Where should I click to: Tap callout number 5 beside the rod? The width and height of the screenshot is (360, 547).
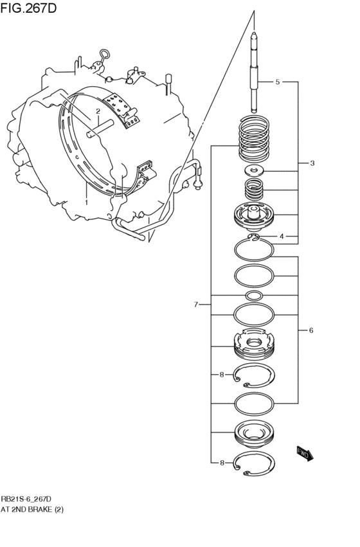click(x=277, y=82)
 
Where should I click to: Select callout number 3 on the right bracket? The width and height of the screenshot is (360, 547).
click(x=312, y=163)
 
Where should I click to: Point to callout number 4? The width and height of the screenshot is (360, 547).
click(x=281, y=237)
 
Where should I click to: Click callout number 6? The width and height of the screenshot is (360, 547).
click(x=310, y=330)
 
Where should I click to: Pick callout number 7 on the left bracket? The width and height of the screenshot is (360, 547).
click(x=197, y=304)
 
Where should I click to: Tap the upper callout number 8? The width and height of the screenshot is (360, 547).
click(x=221, y=375)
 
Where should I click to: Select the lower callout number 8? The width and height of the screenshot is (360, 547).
click(x=221, y=463)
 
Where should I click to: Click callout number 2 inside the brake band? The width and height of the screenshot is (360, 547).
click(x=98, y=111)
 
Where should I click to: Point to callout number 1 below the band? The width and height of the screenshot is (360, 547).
click(x=86, y=202)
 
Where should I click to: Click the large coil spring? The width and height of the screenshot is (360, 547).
click(x=255, y=138)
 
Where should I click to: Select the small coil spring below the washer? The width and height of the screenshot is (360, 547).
click(x=255, y=190)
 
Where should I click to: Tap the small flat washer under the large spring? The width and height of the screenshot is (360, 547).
click(x=255, y=171)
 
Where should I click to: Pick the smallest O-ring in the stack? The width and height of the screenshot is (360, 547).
click(x=255, y=296)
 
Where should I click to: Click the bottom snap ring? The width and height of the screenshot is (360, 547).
click(x=255, y=464)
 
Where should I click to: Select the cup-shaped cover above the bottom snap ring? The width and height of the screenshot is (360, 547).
click(x=255, y=435)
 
